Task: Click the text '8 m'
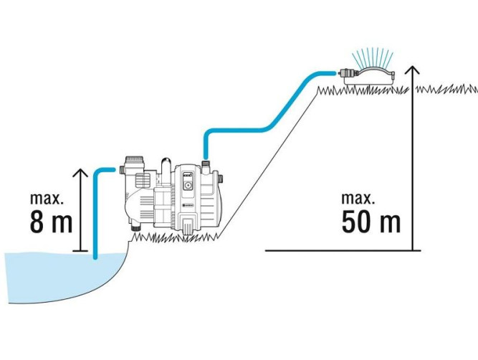52,222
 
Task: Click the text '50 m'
371,222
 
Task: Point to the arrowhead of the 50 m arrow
412,70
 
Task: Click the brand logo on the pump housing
189,206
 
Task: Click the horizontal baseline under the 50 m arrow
337,250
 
